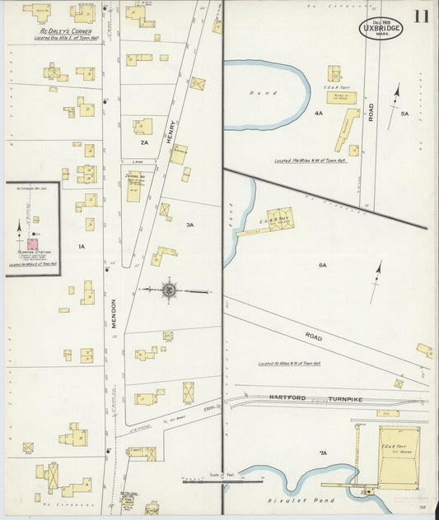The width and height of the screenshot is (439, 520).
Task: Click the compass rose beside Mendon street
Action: [169, 290]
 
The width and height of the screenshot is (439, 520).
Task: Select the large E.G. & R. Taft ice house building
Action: [399, 453]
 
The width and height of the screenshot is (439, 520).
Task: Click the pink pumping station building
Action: [33, 243]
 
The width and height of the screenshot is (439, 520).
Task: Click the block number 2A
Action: [144, 142]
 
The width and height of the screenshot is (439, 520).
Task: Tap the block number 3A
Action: [189, 225]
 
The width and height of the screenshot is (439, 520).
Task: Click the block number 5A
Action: [404, 114]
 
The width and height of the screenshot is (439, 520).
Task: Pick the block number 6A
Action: [323, 265]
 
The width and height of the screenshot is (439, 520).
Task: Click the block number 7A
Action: [323, 453]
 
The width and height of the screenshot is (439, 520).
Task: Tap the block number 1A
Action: [81, 246]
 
